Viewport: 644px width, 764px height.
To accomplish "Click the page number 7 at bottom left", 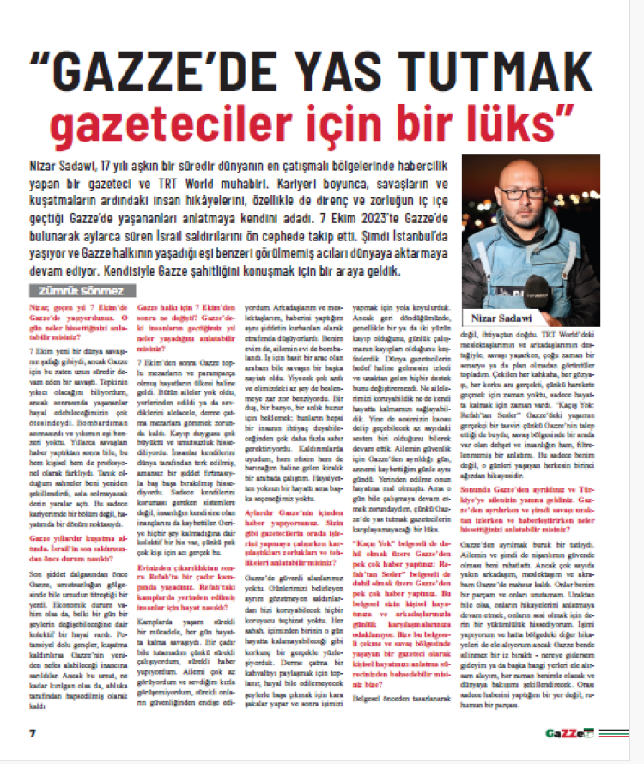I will click(32, 732).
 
